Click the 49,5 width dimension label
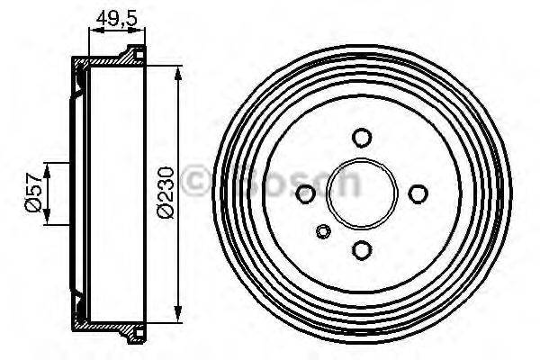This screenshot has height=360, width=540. pos(115,18)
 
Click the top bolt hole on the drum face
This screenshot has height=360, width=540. pos(362,138)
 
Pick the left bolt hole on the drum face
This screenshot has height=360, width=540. pos(305,193)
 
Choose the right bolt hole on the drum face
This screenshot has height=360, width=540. pos(418,193)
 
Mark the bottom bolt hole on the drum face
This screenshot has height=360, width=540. pos(362,249)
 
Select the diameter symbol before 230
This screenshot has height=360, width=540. pos(164,212)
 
